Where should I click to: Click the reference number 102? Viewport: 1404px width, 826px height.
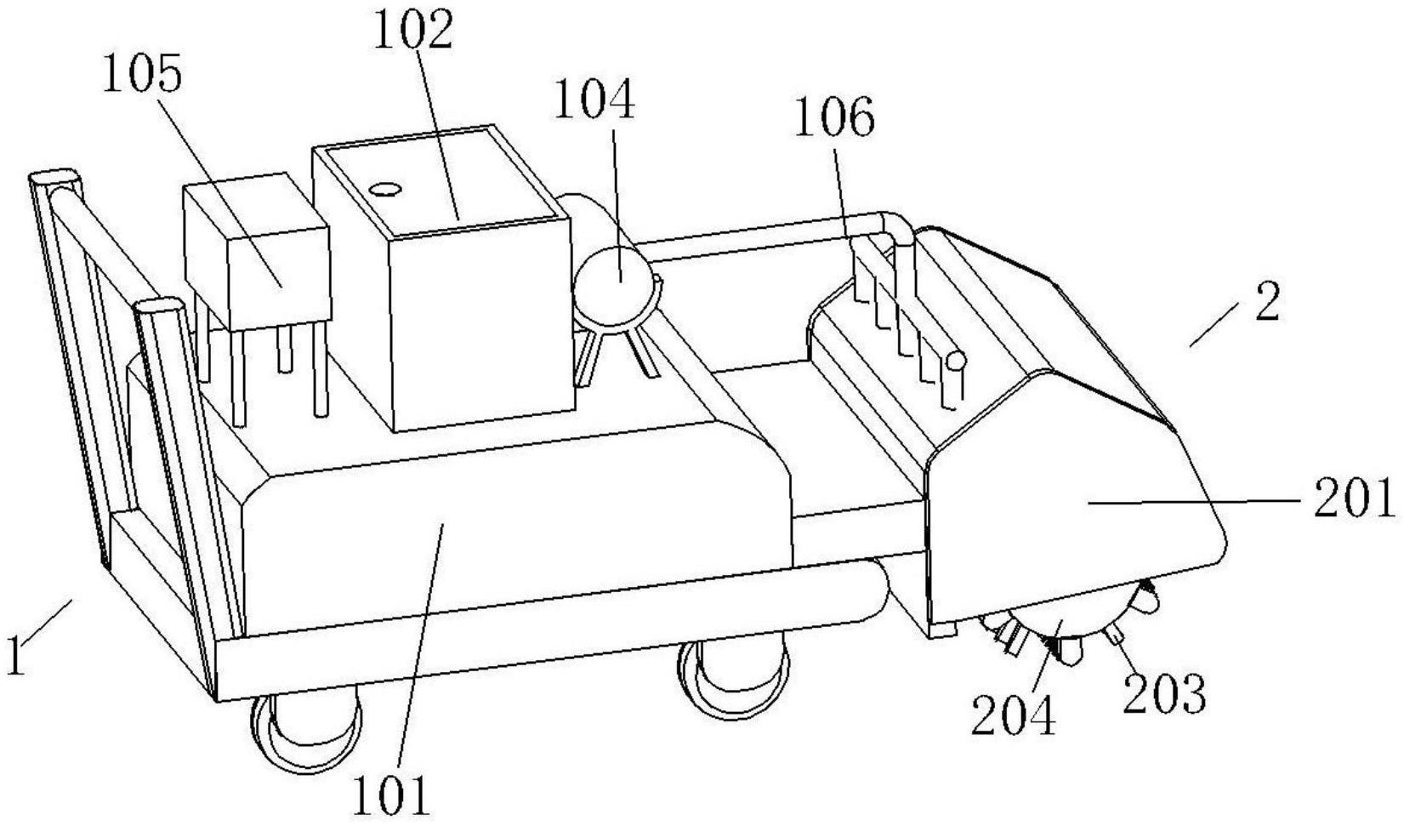(412, 32)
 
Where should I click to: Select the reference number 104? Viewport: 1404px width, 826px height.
(594, 100)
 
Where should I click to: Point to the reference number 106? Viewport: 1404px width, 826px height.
(833, 119)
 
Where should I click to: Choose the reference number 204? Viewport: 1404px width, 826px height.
(1014, 715)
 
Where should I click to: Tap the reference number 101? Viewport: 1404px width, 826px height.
(392, 795)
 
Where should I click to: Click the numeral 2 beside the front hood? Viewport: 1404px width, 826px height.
(1266, 303)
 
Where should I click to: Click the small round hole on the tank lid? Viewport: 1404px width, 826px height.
(385, 190)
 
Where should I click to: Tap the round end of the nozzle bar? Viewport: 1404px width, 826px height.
(957, 360)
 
